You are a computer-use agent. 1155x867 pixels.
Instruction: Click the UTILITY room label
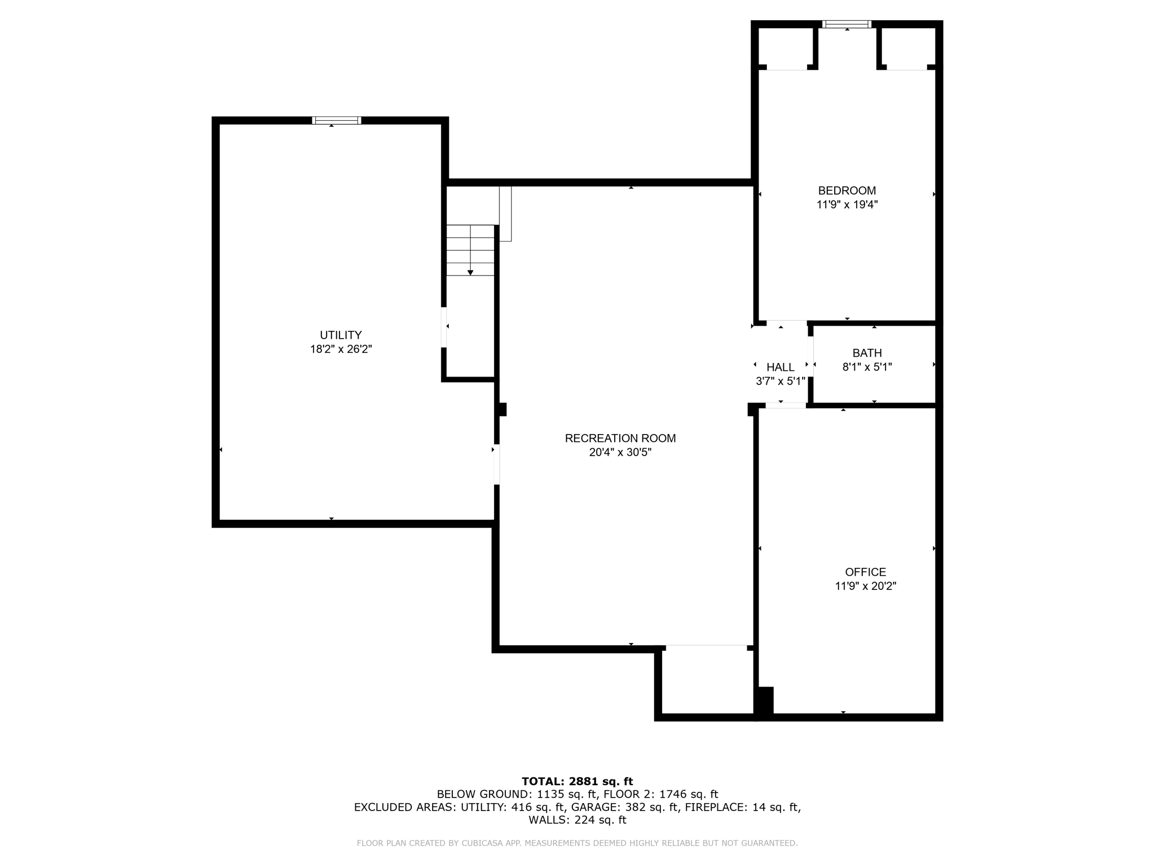[x=341, y=335]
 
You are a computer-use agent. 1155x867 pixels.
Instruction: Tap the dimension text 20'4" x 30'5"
[x=620, y=452]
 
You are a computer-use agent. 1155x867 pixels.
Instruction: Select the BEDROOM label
[x=847, y=191]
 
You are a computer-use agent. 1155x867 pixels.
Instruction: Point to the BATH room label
[x=867, y=353]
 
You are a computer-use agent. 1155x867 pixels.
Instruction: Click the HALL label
[x=780, y=367]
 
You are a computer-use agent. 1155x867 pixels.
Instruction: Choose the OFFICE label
[x=865, y=572]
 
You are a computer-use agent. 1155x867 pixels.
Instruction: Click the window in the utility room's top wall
[x=337, y=120]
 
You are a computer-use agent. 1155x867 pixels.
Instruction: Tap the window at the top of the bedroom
[x=847, y=24]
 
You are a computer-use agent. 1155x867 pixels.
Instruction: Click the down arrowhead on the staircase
[x=470, y=273]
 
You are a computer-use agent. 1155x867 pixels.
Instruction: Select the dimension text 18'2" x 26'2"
[x=341, y=349]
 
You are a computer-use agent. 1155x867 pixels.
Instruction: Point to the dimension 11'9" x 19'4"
[x=847, y=205]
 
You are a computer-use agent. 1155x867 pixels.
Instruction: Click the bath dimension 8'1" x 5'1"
[x=867, y=367]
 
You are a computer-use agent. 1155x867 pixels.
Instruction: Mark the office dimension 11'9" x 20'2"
[x=865, y=586]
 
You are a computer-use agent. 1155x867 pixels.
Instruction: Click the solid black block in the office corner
[x=765, y=701]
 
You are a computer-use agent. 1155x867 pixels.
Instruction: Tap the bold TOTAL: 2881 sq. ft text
[x=577, y=781]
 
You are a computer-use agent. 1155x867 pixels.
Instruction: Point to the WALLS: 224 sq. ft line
[x=577, y=820]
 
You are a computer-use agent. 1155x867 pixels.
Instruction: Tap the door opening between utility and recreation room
[x=496, y=465]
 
